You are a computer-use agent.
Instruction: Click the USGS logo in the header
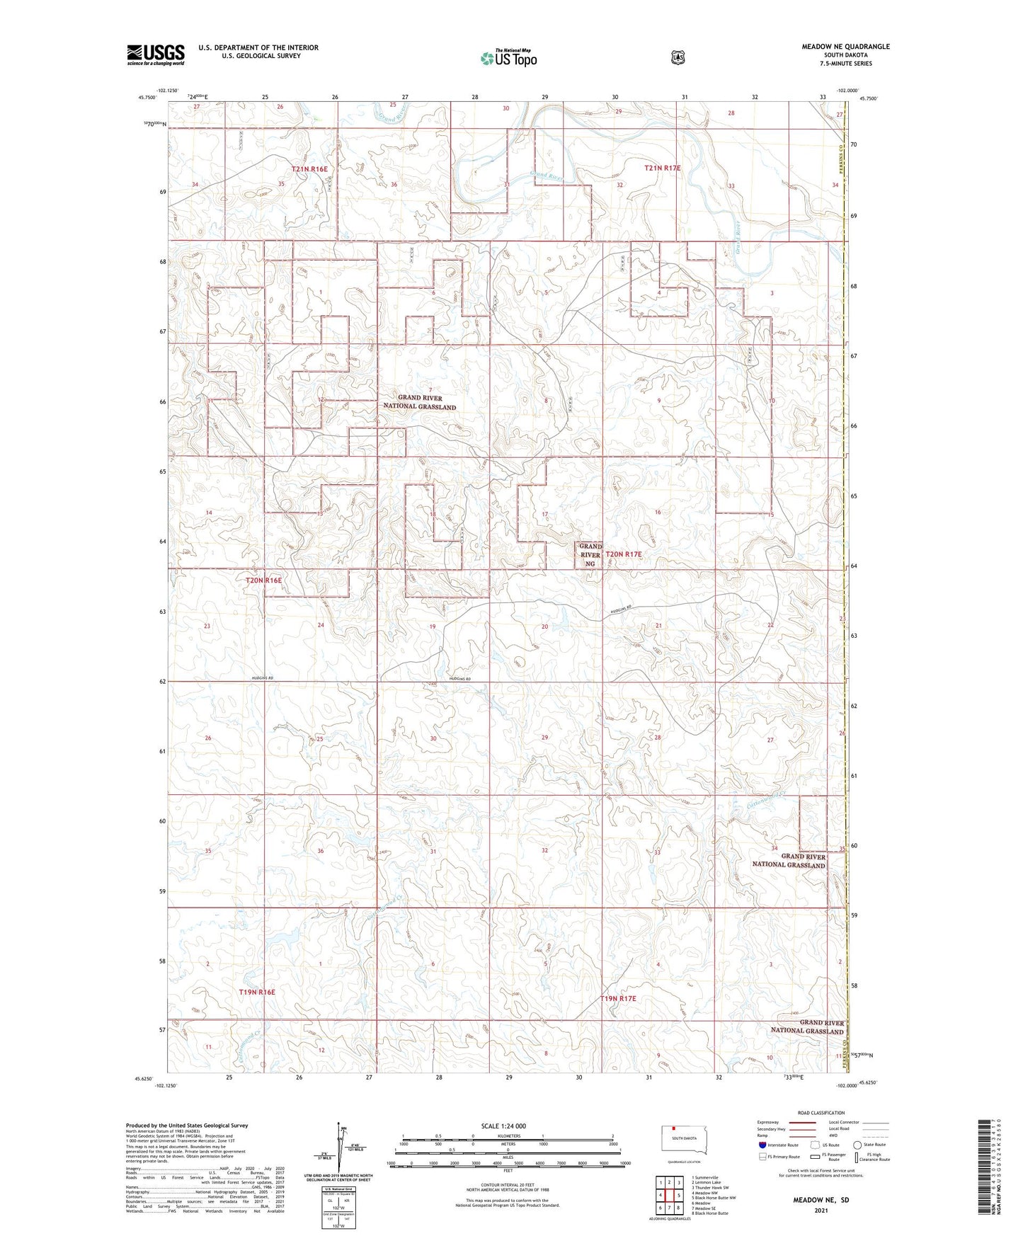156,55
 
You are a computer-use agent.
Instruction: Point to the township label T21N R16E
310,169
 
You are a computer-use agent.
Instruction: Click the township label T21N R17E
662,168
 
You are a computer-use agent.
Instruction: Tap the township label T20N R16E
263,580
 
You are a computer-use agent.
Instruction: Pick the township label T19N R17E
618,998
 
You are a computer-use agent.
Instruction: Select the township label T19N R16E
256,992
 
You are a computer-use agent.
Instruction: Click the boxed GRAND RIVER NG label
590,555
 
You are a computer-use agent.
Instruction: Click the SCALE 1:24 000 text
503,1126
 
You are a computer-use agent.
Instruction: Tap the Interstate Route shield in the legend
762,1144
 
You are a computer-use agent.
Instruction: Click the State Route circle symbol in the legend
857,1144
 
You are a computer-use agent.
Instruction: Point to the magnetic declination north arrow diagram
344,1152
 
